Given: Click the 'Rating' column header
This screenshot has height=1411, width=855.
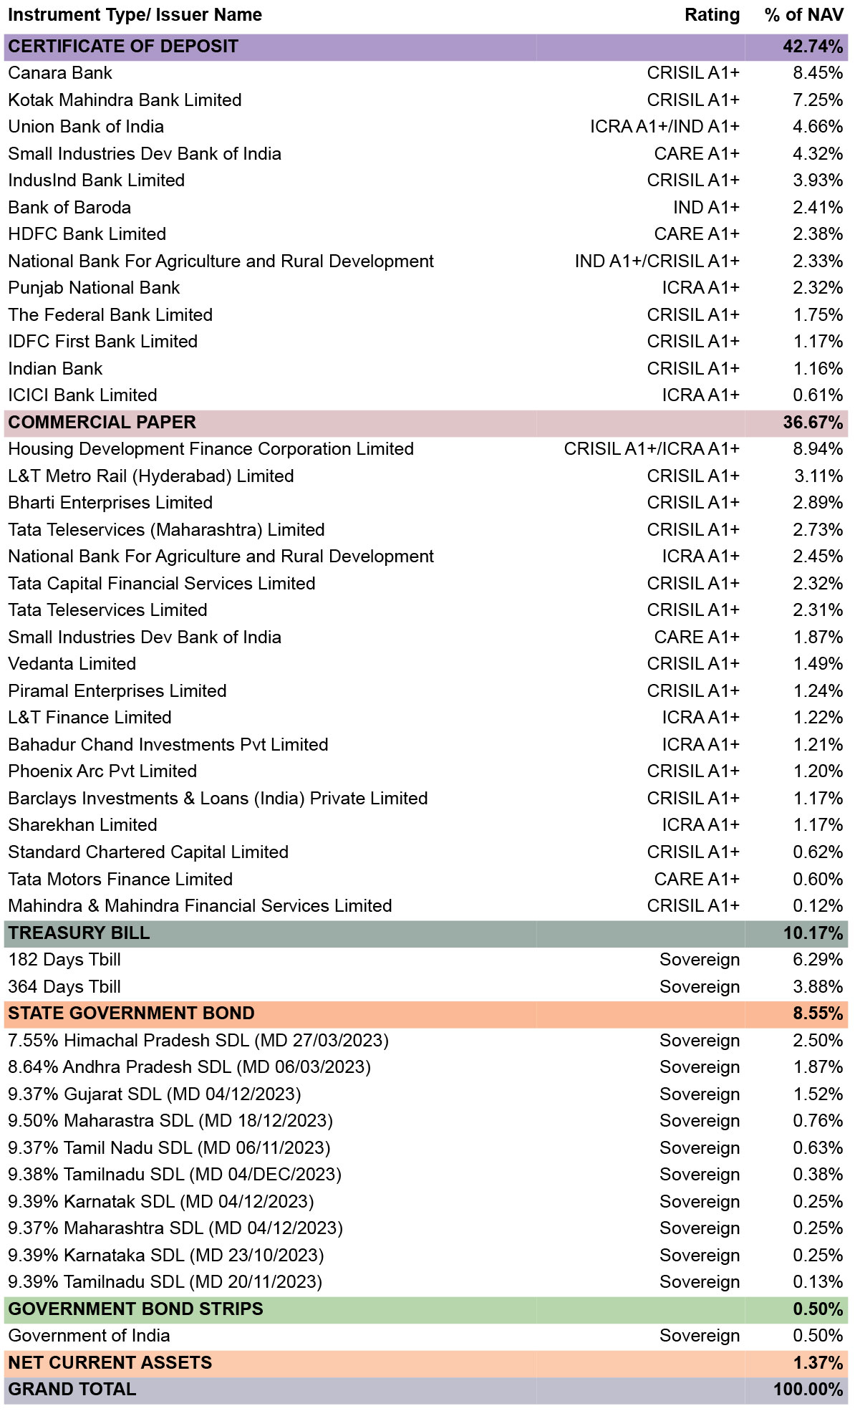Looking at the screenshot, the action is pos(712,15).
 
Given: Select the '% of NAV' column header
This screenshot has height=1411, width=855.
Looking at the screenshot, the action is pos(804,15).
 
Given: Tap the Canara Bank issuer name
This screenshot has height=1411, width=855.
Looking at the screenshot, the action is pos(60,73).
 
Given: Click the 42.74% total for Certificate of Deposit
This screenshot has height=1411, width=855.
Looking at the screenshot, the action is pos(813,47).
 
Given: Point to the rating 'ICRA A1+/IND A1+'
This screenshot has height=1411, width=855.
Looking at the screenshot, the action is pos(665,127).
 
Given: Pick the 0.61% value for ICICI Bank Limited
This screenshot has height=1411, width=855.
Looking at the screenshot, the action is pos(818,395).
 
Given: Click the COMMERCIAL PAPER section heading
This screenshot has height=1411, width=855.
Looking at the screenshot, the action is pos(102,423).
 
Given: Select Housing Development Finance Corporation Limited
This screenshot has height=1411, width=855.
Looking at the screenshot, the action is pos(211,449).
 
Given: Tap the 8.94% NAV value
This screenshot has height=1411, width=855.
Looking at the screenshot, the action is pos(818,449).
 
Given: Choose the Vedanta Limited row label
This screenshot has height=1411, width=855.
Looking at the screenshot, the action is pos(72,664).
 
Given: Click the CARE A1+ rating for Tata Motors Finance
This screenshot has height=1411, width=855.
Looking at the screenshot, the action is pos(697,879).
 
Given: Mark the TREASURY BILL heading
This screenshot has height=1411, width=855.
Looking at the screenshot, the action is pos(79,933).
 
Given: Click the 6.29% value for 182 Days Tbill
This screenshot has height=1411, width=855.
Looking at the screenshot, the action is pos(818,960).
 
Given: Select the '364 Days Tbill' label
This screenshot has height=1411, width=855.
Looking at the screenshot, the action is pos(64,987).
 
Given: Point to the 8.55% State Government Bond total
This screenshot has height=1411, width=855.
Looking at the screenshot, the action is pos(818,1013).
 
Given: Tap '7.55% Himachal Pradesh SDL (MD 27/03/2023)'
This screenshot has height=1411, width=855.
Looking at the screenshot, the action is pos(198,1041).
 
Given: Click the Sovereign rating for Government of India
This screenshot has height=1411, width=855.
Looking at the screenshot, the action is pos(700,1337).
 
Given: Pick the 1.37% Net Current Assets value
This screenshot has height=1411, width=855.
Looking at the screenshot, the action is pos(818,1363).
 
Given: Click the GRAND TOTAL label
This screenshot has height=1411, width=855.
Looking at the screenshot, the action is pos(72,1390).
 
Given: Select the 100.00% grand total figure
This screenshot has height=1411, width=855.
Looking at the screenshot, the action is pos(808,1390).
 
